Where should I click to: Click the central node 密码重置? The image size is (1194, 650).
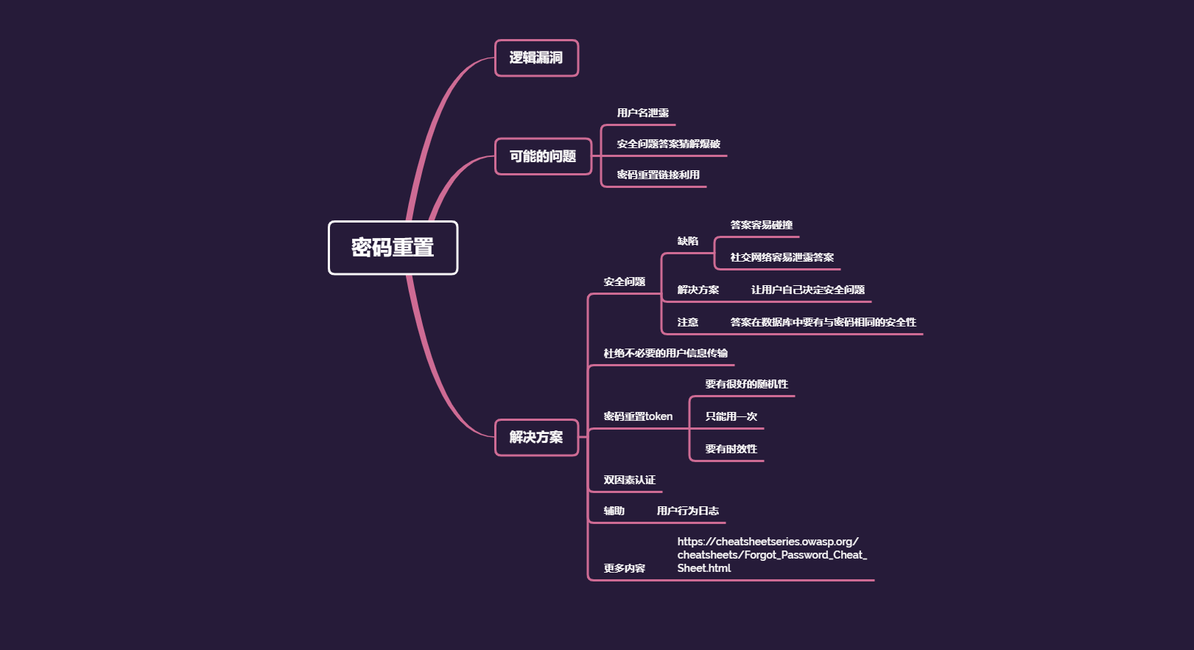(x=393, y=248)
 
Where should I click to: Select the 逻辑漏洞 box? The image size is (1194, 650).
(x=536, y=58)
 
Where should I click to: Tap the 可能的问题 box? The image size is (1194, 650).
(x=543, y=156)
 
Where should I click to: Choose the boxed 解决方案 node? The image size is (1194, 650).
(x=536, y=437)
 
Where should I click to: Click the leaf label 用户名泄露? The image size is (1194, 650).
(x=643, y=113)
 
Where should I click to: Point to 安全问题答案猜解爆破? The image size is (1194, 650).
(x=669, y=144)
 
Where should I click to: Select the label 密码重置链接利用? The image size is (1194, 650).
(x=659, y=175)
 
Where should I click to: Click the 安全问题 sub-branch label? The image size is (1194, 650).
(x=625, y=282)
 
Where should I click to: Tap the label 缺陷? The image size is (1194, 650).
(x=688, y=241)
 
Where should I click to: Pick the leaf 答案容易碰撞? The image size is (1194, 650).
(x=762, y=225)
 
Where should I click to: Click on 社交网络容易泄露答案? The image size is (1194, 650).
(x=782, y=257)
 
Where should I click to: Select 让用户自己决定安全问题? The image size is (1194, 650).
(x=808, y=290)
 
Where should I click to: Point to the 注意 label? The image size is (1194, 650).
(x=688, y=322)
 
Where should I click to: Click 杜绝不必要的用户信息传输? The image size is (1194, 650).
(x=666, y=353)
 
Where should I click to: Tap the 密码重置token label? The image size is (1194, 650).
(x=638, y=416)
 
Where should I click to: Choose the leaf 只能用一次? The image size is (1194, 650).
(x=731, y=416)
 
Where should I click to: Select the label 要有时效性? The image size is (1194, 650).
(x=731, y=449)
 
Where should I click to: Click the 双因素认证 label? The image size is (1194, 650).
(x=630, y=480)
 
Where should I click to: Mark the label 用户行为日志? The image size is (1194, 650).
(x=688, y=511)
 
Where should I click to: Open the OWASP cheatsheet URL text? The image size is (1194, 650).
(x=772, y=555)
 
